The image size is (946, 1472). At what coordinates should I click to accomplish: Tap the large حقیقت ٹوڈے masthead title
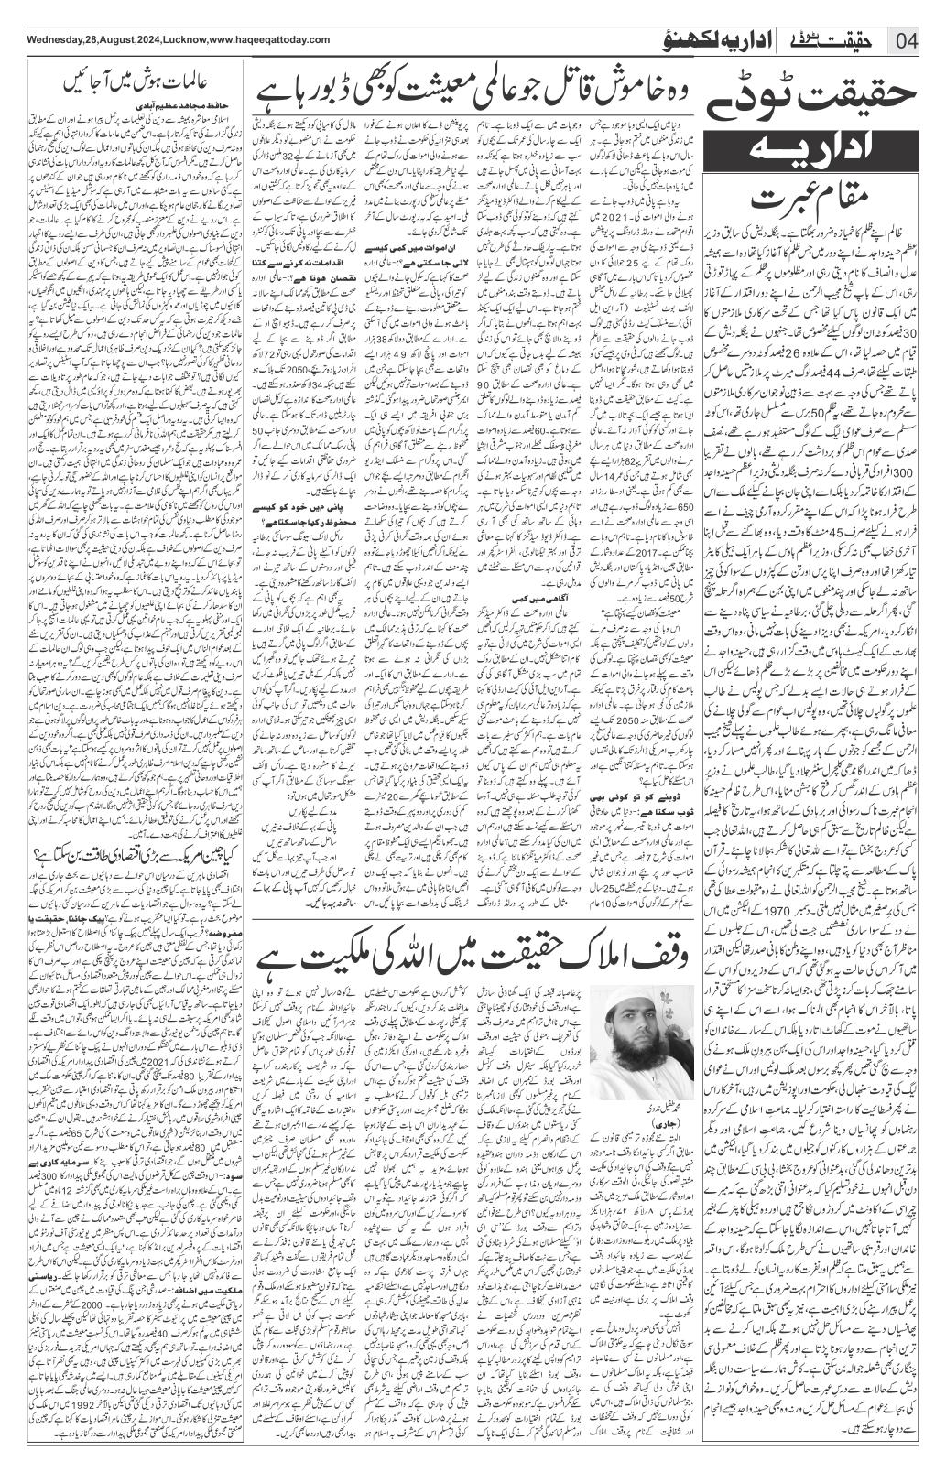tap(821, 94)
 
